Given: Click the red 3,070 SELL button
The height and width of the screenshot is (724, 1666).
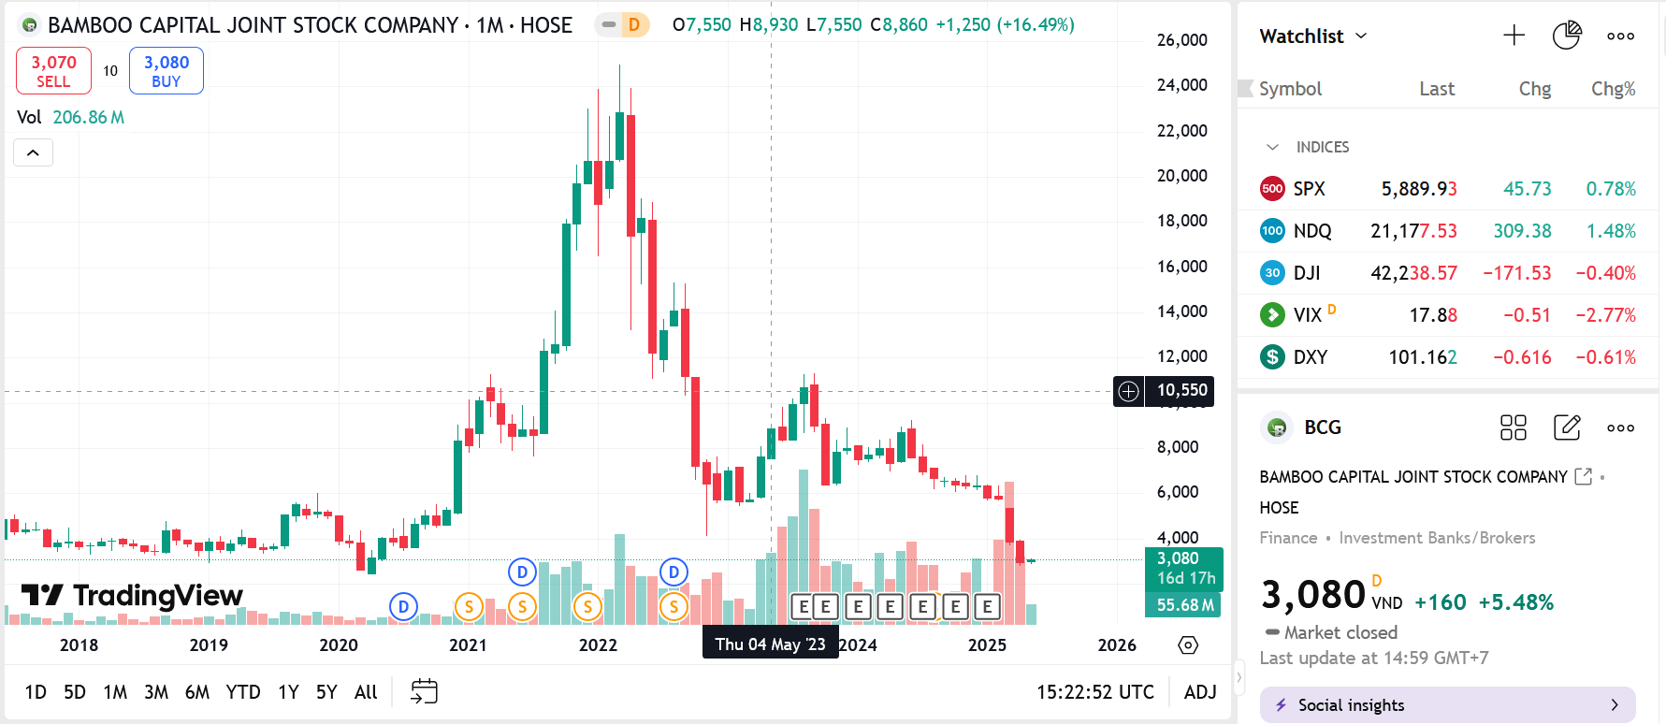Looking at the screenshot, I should click(x=53, y=71).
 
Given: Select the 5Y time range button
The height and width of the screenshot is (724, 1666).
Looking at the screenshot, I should click(x=326, y=692).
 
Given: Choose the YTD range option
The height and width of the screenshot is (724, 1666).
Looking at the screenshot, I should click(x=243, y=692).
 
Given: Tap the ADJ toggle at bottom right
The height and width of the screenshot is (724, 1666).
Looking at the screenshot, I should click(x=1200, y=692).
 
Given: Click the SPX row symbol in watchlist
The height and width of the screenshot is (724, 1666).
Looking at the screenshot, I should click(x=1309, y=189).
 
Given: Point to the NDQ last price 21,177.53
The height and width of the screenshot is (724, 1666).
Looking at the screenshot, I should click(x=1413, y=231).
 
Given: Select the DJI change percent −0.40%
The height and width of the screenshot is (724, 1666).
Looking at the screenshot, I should click(x=1605, y=273).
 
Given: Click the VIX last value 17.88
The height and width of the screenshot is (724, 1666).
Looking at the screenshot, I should click(x=1433, y=315).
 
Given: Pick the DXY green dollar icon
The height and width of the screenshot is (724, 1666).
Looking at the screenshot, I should click(x=1272, y=357).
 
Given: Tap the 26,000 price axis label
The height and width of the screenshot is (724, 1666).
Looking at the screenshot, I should click(x=1181, y=40).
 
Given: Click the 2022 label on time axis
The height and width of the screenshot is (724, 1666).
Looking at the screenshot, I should click(x=598, y=645).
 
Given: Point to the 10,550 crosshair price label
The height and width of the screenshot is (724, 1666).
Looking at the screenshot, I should click(x=1181, y=390).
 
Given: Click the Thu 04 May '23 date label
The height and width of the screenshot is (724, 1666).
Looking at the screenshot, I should click(x=770, y=644).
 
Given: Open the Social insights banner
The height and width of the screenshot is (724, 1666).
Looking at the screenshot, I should click(x=1447, y=705).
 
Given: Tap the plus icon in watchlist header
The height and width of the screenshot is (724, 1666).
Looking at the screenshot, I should click(x=1514, y=36).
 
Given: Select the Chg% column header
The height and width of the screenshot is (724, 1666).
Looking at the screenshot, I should click(x=1613, y=89).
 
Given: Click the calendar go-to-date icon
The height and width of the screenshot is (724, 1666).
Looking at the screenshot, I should click(x=424, y=692).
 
